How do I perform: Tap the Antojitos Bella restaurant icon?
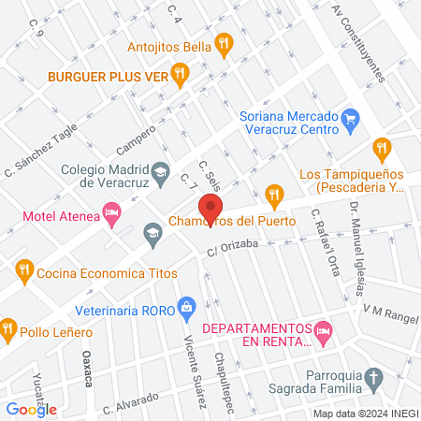[x=223, y=42]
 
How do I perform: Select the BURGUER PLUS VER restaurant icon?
[x=181, y=71]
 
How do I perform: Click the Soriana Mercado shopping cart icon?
[x=351, y=118]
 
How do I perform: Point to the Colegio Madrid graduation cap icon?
[x=160, y=171]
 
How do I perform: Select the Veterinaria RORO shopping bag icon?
[x=187, y=305]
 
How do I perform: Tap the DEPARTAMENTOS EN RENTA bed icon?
[x=323, y=329]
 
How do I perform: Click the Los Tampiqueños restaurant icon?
[x=381, y=147]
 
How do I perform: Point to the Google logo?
[x=31, y=409]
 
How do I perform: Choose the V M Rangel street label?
[x=391, y=308]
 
